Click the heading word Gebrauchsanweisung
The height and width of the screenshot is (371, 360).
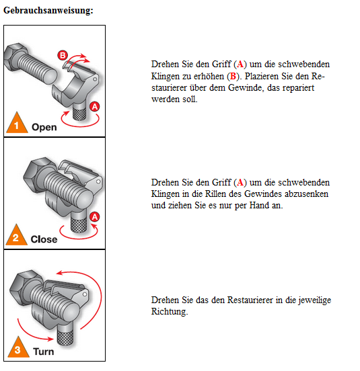48,10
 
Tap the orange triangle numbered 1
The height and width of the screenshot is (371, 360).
17,124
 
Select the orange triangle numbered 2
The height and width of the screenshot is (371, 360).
16,236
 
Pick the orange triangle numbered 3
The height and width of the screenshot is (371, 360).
18,348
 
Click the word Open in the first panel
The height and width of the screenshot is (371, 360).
44,127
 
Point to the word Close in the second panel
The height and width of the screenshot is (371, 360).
44,239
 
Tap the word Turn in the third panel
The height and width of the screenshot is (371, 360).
44,352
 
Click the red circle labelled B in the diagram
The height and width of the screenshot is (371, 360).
63,55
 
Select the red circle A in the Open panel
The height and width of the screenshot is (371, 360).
94,107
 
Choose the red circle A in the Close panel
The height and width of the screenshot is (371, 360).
95,217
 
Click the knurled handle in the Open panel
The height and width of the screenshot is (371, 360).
79,111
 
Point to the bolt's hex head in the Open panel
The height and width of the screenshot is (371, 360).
15,56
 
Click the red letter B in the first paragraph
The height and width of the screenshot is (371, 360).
233,76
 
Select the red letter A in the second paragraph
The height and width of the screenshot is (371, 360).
240,182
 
